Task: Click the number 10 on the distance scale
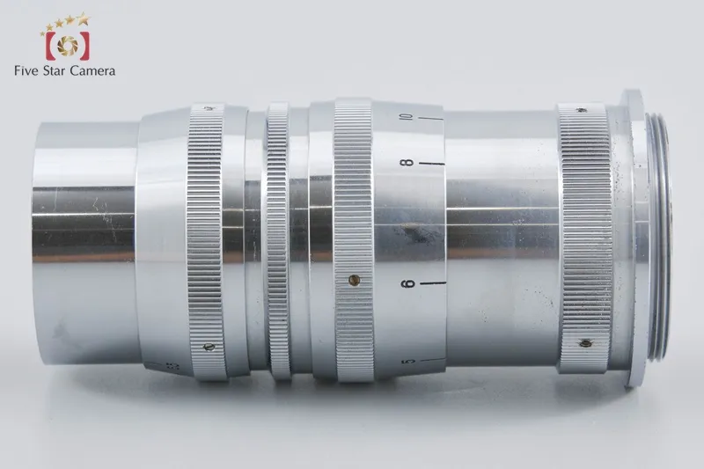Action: [x=407, y=117]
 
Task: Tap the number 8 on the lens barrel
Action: [x=408, y=163]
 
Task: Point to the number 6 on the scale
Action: [x=408, y=283]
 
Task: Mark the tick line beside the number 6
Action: [x=432, y=283]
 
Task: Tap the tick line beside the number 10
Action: [x=430, y=120]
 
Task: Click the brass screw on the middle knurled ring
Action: [x=355, y=280]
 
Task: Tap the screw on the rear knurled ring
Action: [x=584, y=343]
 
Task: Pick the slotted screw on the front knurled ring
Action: [x=209, y=347]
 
